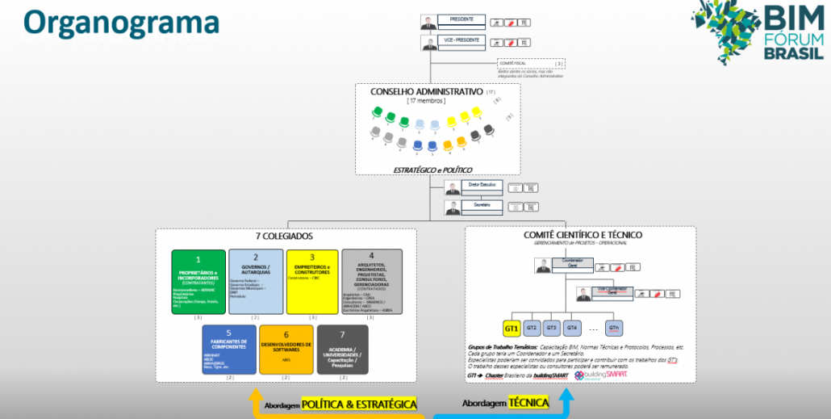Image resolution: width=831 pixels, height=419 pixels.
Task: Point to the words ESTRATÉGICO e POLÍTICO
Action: click(x=432, y=170)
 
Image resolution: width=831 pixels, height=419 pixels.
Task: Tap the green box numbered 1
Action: click(x=198, y=281)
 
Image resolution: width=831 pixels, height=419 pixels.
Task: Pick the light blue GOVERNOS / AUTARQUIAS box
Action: click(x=256, y=281)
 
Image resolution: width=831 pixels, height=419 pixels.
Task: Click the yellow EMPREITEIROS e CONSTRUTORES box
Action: click(x=312, y=281)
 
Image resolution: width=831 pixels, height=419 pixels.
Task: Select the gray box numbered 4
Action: click(x=372, y=281)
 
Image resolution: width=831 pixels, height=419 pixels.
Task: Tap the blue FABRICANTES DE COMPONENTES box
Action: click(x=228, y=350)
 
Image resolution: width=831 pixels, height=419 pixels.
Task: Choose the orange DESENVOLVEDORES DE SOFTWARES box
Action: click(x=286, y=350)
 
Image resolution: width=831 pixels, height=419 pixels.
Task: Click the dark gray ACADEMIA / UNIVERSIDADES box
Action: click(x=343, y=350)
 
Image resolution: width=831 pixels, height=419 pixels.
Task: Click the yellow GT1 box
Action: click(x=512, y=329)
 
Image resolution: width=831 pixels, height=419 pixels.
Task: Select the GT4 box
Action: click(x=572, y=329)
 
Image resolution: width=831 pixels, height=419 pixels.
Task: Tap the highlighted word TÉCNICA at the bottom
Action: click(x=529, y=402)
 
